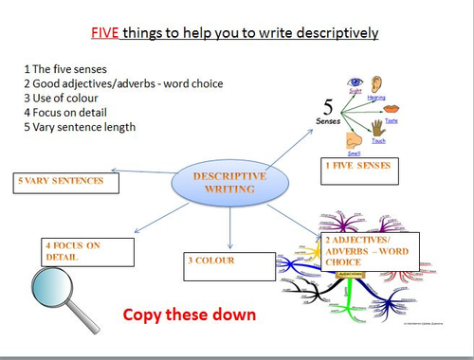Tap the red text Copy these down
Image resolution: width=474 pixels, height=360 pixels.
click(x=190, y=314)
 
